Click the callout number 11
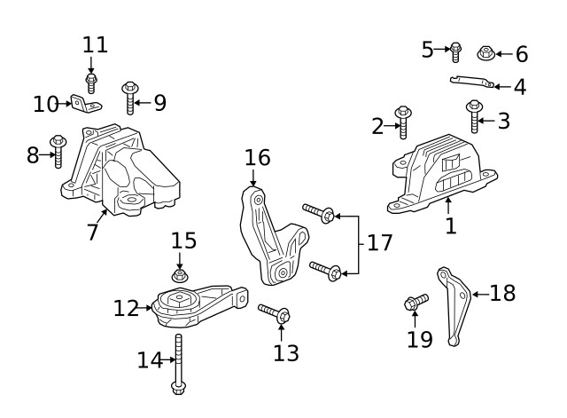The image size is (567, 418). click(95, 44)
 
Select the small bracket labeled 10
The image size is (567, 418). click(85, 106)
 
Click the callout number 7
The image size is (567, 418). click(91, 233)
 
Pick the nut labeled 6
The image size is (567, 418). click(485, 53)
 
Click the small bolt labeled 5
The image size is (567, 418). click(455, 50)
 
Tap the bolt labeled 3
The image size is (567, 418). click(474, 117)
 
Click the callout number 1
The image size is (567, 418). click(450, 225)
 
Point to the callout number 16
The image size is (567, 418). click(257, 159)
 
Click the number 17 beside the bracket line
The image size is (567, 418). click(379, 242)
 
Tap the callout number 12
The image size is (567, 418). click(126, 309)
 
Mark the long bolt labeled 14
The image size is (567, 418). click(178, 363)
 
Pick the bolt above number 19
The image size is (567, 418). click(416, 303)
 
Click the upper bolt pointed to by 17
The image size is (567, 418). click(318, 212)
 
